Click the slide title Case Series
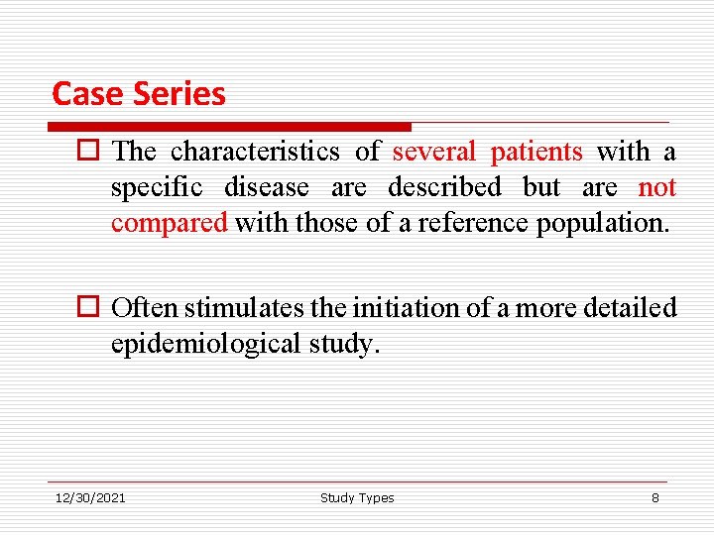click(x=139, y=93)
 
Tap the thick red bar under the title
click(x=230, y=127)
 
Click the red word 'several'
click(x=434, y=152)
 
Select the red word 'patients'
click(x=536, y=152)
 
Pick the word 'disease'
click(x=267, y=187)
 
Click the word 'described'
click(x=445, y=187)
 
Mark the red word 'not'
click(x=656, y=187)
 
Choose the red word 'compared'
click(x=170, y=223)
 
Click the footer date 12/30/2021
click(x=90, y=497)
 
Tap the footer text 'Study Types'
click(x=357, y=497)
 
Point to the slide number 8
click(x=654, y=497)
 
